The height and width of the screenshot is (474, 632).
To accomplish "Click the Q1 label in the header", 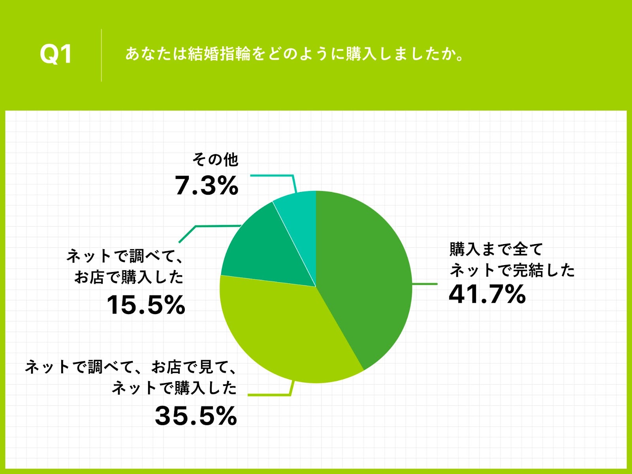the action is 56,55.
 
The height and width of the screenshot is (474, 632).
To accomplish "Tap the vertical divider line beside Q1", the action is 102,55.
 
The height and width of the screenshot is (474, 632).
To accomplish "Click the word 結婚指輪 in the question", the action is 219,54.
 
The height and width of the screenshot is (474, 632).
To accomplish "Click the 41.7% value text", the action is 487,294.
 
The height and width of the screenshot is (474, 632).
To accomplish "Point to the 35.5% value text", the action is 196,416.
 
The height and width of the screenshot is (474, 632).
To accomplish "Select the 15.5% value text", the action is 146,305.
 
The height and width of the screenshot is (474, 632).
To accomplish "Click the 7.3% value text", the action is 207,186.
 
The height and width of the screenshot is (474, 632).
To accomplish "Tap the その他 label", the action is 215,160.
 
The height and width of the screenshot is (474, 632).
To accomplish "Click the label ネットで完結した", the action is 512,270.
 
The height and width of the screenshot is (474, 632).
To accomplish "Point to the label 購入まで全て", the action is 496,249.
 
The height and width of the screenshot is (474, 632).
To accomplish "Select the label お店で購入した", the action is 129,277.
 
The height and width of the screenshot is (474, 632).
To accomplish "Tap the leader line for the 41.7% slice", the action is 425,284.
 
